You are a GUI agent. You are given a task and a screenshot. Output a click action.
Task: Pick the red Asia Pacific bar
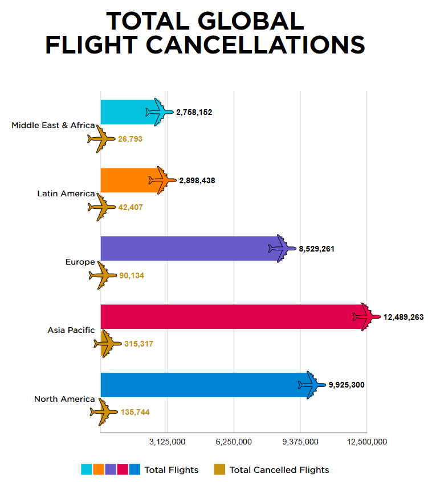(228, 317)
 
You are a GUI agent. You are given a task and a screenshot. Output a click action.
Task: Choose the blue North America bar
(199, 385)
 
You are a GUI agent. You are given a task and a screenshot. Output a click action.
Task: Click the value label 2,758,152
(194, 113)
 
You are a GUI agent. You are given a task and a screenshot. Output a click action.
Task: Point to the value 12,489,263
(403, 317)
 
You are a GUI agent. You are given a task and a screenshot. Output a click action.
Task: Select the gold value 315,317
(138, 344)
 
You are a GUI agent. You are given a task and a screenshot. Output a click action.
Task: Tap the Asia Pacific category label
(71, 330)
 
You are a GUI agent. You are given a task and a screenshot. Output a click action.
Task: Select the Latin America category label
(66, 193)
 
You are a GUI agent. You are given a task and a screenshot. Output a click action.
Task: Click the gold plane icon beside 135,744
(104, 411)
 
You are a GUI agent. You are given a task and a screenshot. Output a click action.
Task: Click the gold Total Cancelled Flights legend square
(219, 469)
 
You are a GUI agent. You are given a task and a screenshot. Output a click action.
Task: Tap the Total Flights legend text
(172, 470)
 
